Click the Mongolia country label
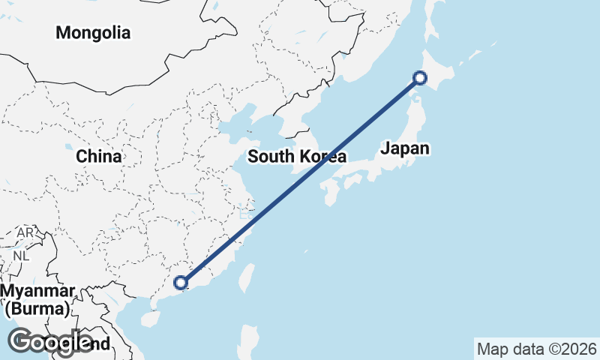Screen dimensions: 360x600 [x=93, y=33]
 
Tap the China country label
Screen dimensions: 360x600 [x=98, y=157]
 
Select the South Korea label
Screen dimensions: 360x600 [x=296, y=157]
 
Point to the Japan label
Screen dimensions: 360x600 [x=405, y=148]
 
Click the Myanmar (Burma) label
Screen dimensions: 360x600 [x=37, y=299]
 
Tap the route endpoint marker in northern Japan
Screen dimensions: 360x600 [x=420, y=77]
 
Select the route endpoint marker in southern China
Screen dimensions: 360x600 [x=180, y=283]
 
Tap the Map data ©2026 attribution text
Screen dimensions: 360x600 [x=536, y=349]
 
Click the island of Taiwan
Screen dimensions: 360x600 [x=243, y=277]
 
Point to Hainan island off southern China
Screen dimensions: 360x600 [x=151, y=318]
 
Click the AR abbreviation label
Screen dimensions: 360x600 [x=25, y=233]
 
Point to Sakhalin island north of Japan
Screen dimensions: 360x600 [x=433, y=19]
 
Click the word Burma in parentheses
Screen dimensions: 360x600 [x=37, y=308]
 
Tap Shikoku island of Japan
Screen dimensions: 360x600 [x=352, y=181]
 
